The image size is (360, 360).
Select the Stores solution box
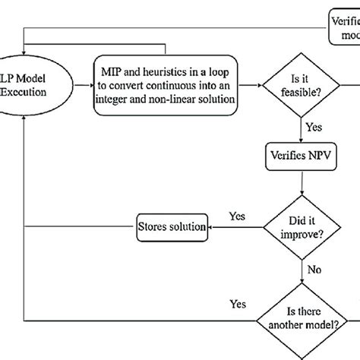[172, 226]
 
